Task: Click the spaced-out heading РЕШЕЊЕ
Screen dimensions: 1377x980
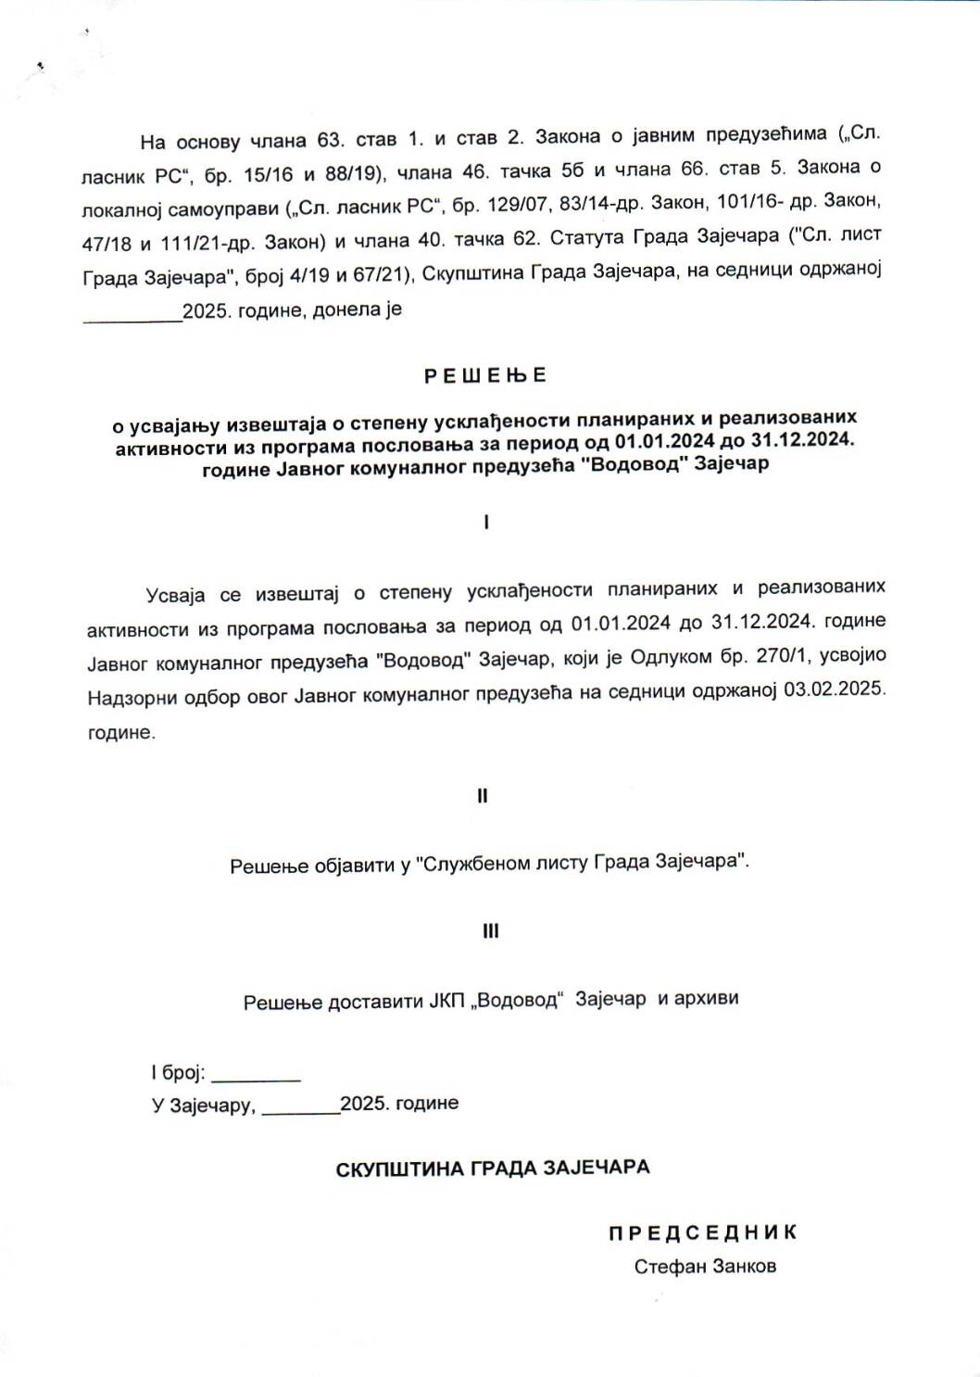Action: click(485, 375)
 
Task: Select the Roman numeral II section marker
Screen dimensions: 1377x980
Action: click(482, 796)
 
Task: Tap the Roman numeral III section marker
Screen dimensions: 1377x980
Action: click(490, 931)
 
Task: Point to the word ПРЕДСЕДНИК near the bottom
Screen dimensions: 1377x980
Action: click(702, 1232)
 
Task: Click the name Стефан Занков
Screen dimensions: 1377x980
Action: click(705, 1266)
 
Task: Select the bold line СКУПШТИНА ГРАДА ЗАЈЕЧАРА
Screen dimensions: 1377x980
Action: click(492, 1168)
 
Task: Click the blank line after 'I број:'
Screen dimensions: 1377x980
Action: click(257, 1075)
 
